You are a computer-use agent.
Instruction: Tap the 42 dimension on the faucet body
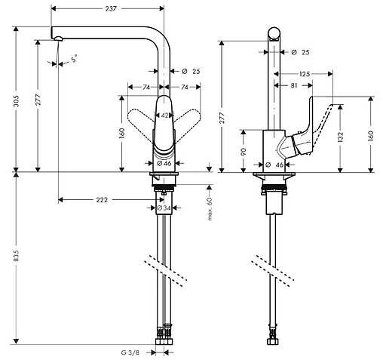(x=165, y=115)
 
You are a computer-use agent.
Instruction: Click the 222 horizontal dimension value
(x=102, y=200)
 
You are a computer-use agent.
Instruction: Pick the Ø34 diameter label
(x=161, y=208)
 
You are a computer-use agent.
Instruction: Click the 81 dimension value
(x=294, y=85)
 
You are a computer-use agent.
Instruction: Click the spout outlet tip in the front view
(x=55, y=38)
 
